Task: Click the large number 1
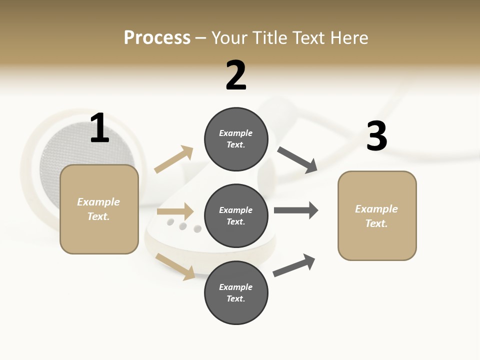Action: click(x=99, y=128)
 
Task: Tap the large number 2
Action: click(x=236, y=75)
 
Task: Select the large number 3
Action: click(x=376, y=136)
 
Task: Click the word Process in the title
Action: click(x=157, y=38)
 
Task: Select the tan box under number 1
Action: click(x=99, y=209)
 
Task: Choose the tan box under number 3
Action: click(x=377, y=216)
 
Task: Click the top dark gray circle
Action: click(x=236, y=139)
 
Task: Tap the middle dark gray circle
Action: click(x=236, y=216)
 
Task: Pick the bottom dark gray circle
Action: click(x=236, y=293)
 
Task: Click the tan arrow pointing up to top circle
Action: click(x=174, y=159)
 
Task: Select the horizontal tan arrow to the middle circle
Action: click(x=175, y=211)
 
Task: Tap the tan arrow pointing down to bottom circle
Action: click(x=175, y=266)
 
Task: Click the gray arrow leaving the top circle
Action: click(x=297, y=159)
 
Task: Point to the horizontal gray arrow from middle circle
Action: click(x=295, y=210)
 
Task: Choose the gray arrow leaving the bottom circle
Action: click(x=294, y=265)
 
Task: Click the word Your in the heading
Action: click(x=230, y=38)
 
